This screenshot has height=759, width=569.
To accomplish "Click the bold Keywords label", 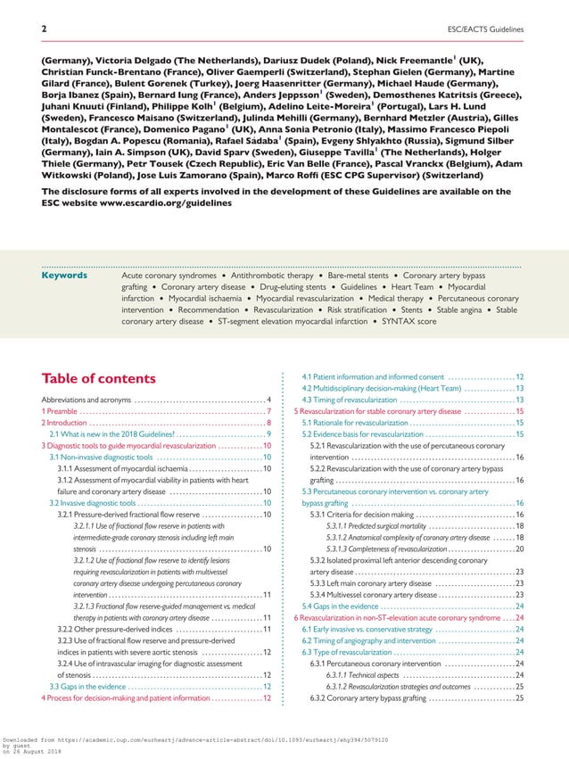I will [65, 276].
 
